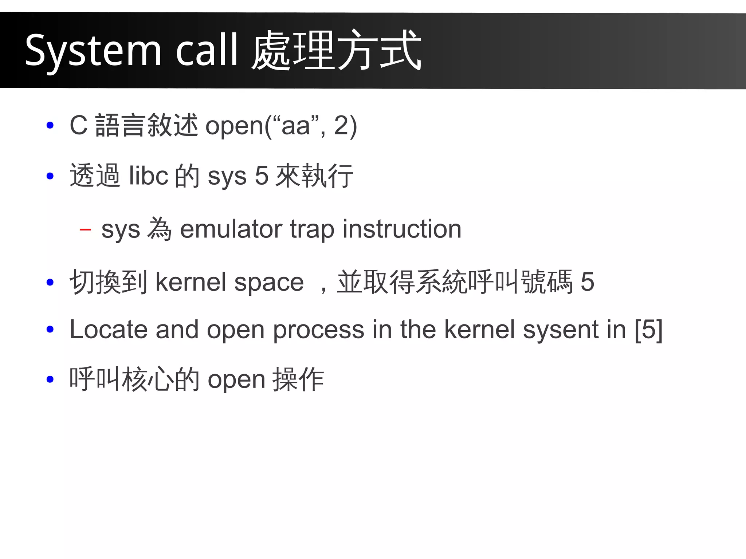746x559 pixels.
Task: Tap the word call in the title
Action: click(207, 50)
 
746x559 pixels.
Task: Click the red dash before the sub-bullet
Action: click(85, 229)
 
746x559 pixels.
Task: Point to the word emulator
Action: click(231, 229)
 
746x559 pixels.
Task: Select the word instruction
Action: click(402, 229)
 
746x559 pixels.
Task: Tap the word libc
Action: click(148, 176)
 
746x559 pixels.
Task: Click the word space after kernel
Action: click(269, 282)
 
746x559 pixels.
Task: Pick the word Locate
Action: click(109, 330)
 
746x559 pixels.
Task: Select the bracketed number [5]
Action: click(648, 330)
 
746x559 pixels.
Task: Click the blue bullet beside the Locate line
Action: click(50, 330)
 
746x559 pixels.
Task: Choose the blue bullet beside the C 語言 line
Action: click(50, 126)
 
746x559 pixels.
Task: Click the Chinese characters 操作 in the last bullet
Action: click(298, 379)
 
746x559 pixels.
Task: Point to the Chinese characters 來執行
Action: click(314, 176)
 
